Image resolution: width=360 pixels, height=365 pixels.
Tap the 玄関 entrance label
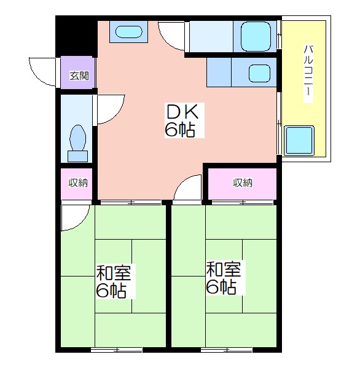coord(79,76)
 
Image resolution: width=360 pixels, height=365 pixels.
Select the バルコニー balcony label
coord(308,74)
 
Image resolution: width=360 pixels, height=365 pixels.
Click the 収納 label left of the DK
coord(78,182)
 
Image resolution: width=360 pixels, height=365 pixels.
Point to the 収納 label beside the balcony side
coord(243,182)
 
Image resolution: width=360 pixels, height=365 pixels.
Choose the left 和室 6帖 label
coord(114,281)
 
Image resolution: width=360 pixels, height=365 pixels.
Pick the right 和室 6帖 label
coord(224,278)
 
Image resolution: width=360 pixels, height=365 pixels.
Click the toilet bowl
coord(78,138)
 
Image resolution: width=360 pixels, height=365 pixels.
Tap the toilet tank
coord(78,156)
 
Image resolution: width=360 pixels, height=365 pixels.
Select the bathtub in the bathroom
coord(256,37)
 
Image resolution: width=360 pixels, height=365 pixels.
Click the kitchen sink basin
coord(259,73)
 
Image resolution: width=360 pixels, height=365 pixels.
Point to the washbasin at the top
coord(128,31)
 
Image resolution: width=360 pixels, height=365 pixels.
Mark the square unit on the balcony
coord(299,141)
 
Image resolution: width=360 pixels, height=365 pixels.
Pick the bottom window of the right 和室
coord(227,350)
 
